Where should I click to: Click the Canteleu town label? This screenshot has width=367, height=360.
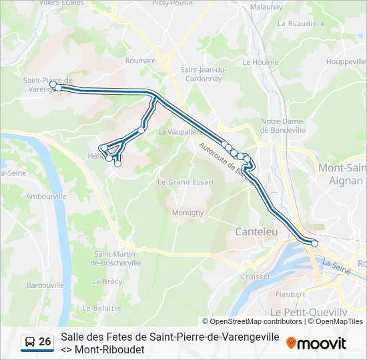pyautogui.click(x=256, y=231)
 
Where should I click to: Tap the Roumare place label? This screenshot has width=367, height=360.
pyautogui.click(x=140, y=61)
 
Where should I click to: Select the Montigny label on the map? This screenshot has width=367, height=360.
pyautogui.click(x=188, y=213)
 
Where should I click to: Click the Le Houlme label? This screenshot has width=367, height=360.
pyautogui.click(x=256, y=61)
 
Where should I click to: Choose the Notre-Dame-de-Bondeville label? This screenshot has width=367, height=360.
pyautogui.click(x=283, y=125)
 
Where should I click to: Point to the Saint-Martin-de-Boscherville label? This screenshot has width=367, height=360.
pyautogui.click(x=117, y=258)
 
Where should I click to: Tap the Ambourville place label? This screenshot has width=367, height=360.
pyautogui.click(x=46, y=197)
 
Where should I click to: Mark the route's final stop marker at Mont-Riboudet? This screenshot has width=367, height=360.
pyautogui.click(x=314, y=244)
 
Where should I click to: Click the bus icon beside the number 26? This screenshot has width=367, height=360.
pyautogui.click(x=30, y=342)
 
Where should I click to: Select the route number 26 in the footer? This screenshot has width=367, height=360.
pyautogui.click(x=45, y=342)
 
